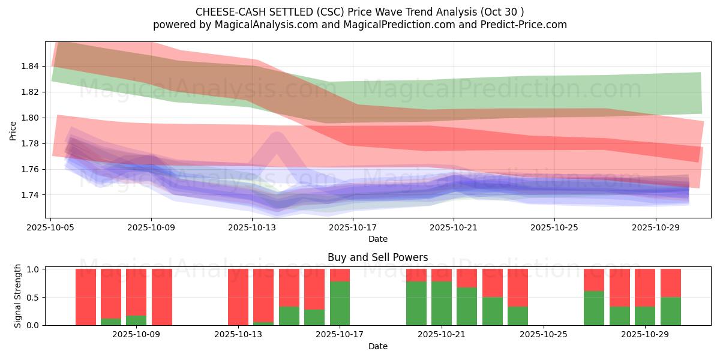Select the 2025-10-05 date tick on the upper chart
pyautogui.click(x=50, y=228)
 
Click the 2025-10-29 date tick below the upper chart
pyautogui.click(x=655, y=228)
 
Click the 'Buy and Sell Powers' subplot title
pyautogui.click(x=377, y=257)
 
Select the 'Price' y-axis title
pyautogui.click(x=13, y=130)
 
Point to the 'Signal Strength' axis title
pyautogui.click(x=18, y=296)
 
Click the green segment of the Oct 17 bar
pyautogui.click(x=340, y=303)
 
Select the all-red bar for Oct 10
pyautogui.click(x=162, y=297)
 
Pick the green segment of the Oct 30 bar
pyautogui.click(x=670, y=311)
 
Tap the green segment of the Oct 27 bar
pyautogui.click(x=594, y=308)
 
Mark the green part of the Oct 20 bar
pyautogui.click(x=416, y=303)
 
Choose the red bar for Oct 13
pyautogui.click(x=238, y=297)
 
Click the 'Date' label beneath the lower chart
pyautogui.click(x=377, y=346)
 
